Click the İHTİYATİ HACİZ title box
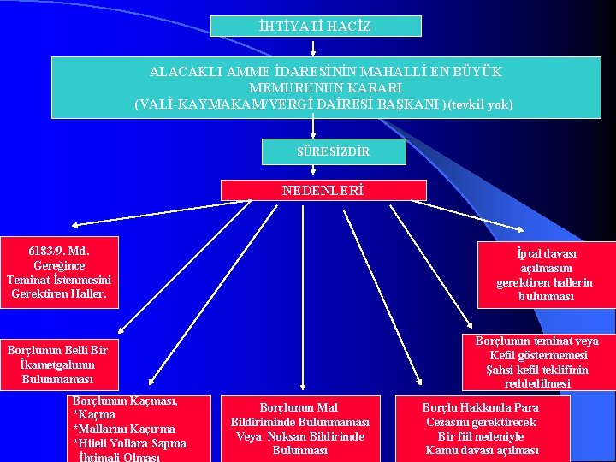click(316, 27)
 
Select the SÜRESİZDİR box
click(322, 151)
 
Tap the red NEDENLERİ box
click(323, 190)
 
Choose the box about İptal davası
click(546, 275)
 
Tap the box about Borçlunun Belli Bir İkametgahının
click(57, 364)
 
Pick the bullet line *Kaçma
click(94, 415)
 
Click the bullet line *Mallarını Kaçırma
click(124, 429)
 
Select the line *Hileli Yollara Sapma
click(129, 443)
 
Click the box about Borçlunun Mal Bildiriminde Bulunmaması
click(299, 429)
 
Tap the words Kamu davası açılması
click(482, 450)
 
